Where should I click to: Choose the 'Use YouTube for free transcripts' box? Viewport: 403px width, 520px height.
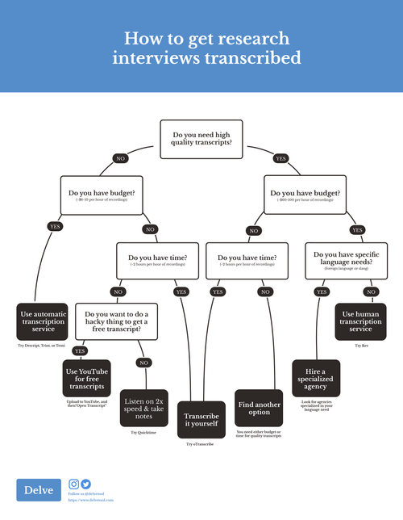tap(85, 377)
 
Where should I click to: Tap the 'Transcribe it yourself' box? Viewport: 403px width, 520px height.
tap(201, 419)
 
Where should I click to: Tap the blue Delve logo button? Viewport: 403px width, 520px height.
tap(39, 490)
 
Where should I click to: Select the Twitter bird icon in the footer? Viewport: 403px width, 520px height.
tap(86, 484)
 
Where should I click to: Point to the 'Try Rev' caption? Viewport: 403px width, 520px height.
tap(361, 345)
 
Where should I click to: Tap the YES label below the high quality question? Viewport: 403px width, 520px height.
tap(280, 158)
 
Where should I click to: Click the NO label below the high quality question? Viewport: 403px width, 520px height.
tap(121, 158)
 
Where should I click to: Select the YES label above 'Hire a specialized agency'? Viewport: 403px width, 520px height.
tap(322, 291)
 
